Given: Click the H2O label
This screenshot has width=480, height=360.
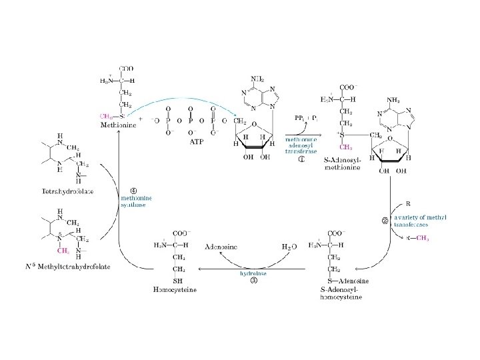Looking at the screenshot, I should (x=289, y=247).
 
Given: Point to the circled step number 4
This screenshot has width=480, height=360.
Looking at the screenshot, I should (x=133, y=185).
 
